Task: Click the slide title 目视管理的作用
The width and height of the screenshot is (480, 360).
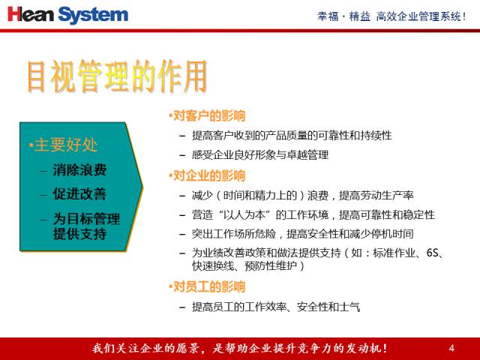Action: pyautogui.click(x=115, y=76)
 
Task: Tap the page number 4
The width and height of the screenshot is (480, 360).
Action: pyautogui.click(x=451, y=348)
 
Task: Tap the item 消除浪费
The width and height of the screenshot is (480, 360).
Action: pyautogui.click(x=79, y=169)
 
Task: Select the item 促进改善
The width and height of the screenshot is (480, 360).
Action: pyautogui.click(x=79, y=193)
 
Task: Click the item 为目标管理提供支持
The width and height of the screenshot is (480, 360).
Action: pyautogui.click(x=85, y=226)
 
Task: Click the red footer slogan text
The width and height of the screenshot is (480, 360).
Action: pyautogui.click(x=239, y=348)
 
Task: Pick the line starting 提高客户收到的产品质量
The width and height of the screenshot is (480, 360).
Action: pyautogui.click(x=292, y=136)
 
